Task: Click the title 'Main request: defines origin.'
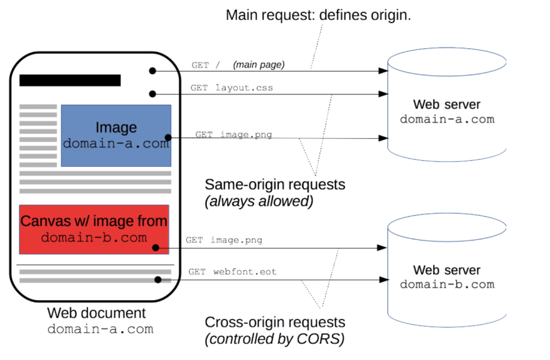(318, 16)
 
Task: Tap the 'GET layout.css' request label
(232, 87)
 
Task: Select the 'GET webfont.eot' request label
(232, 272)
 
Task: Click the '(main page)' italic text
(259, 65)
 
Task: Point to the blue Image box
(116, 136)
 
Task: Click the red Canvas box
(94, 229)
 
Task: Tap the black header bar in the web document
(70, 80)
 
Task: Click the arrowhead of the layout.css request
(383, 94)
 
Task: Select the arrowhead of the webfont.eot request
(384, 279)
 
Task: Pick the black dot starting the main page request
(152, 71)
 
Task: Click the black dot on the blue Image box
(168, 137)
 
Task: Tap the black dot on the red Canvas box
(156, 248)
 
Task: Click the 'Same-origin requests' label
(275, 184)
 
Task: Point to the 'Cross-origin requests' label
(275, 322)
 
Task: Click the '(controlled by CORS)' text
(274, 339)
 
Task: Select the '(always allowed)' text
(259, 201)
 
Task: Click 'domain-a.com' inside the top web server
(447, 119)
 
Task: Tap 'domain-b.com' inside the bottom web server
(447, 284)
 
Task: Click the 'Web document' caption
(96, 313)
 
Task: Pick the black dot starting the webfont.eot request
(158, 279)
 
